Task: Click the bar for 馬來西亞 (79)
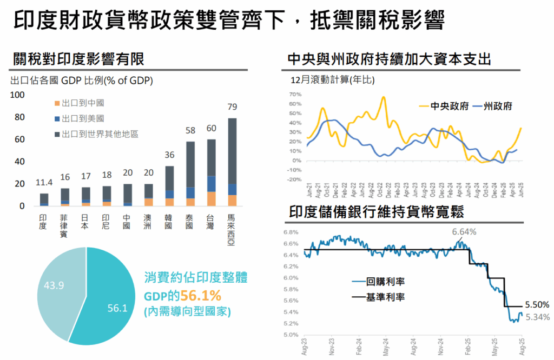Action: click(232, 162)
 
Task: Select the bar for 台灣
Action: click(211, 172)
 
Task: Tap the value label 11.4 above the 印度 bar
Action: click(44, 183)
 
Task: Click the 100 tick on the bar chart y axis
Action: click(18, 95)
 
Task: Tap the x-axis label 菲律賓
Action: click(64, 226)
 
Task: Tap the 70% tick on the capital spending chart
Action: click(294, 94)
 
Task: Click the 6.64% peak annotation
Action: click(464, 232)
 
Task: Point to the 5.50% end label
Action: click(537, 304)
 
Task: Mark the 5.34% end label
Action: click(538, 317)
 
